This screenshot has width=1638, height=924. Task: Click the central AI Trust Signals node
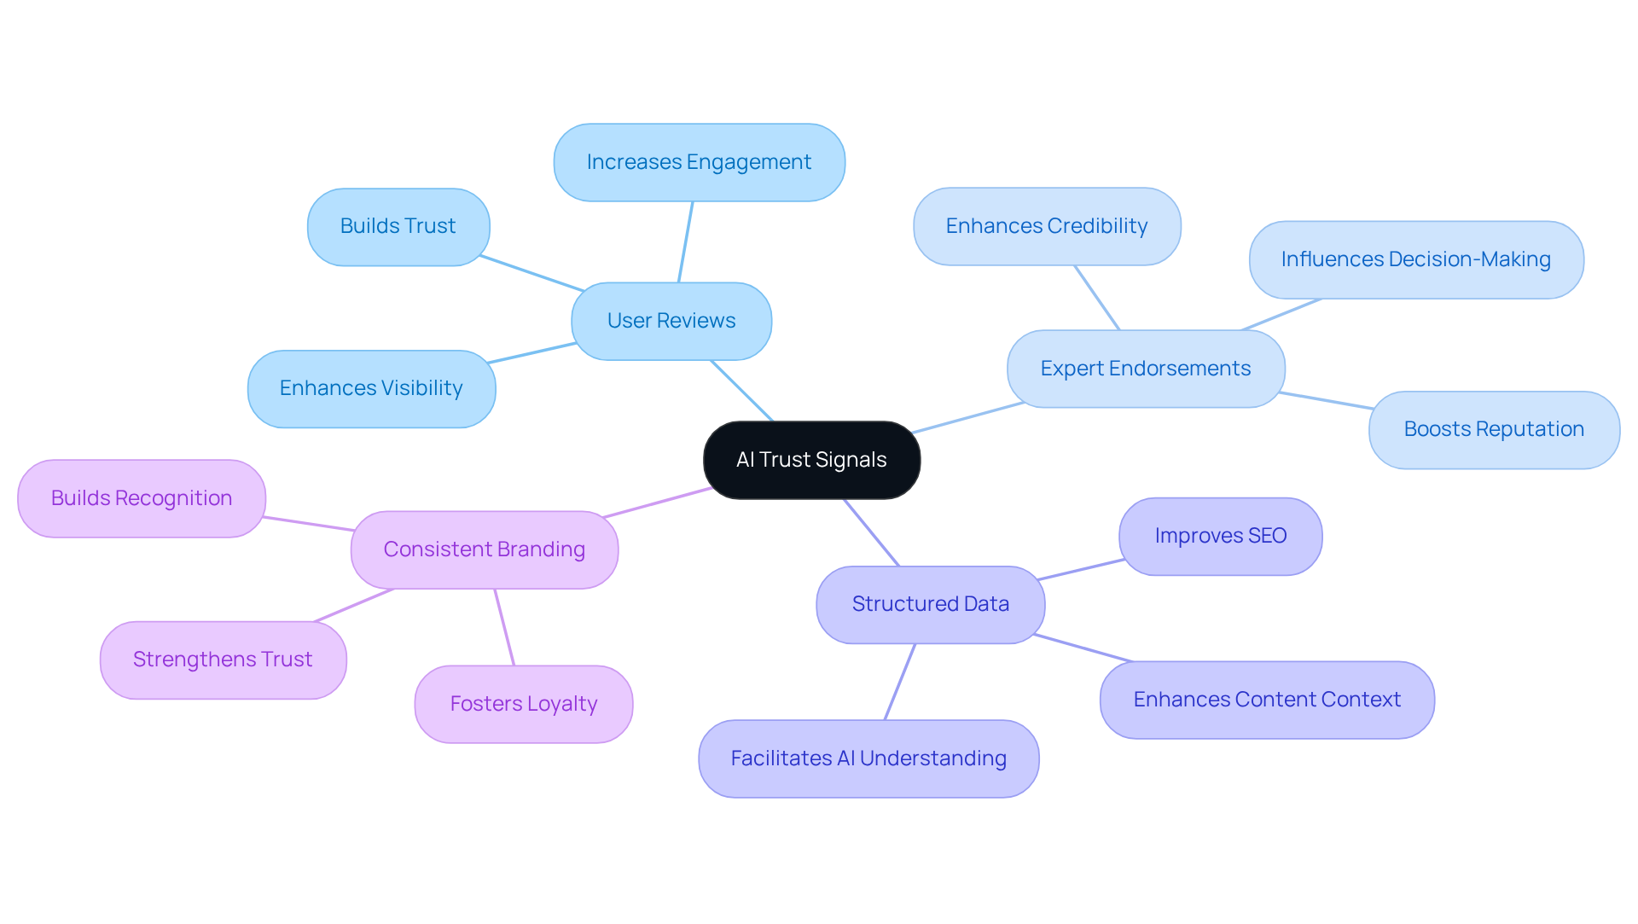(x=811, y=460)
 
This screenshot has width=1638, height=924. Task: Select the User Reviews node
(x=671, y=321)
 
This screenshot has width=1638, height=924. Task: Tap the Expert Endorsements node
(x=1145, y=369)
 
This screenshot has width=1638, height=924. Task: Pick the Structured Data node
(x=930, y=604)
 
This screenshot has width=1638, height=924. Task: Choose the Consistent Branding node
(x=484, y=549)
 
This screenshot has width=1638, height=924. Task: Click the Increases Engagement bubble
(x=699, y=162)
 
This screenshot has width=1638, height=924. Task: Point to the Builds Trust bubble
(x=398, y=226)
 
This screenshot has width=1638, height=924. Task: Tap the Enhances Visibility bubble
(x=371, y=388)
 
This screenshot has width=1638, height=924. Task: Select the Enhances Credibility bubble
(x=1046, y=226)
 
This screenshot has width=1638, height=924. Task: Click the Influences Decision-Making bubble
(x=1415, y=259)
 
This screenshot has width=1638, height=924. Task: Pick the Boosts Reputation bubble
(x=1493, y=429)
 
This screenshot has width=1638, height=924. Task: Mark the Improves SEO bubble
(x=1220, y=536)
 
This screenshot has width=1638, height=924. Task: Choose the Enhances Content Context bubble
(x=1266, y=700)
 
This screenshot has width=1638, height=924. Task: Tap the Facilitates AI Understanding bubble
(x=868, y=758)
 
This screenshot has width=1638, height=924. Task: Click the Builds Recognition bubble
(x=142, y=498)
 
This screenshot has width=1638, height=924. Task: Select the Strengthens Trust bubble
(x=223, y=660)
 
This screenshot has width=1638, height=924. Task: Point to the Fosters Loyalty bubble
(x=523, y=704)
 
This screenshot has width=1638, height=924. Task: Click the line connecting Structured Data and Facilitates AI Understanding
(x=900, y=682)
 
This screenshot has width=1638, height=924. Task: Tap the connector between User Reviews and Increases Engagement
(x=686, y=241)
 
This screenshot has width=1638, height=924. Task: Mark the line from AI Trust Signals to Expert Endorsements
(x=968, y=417)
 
